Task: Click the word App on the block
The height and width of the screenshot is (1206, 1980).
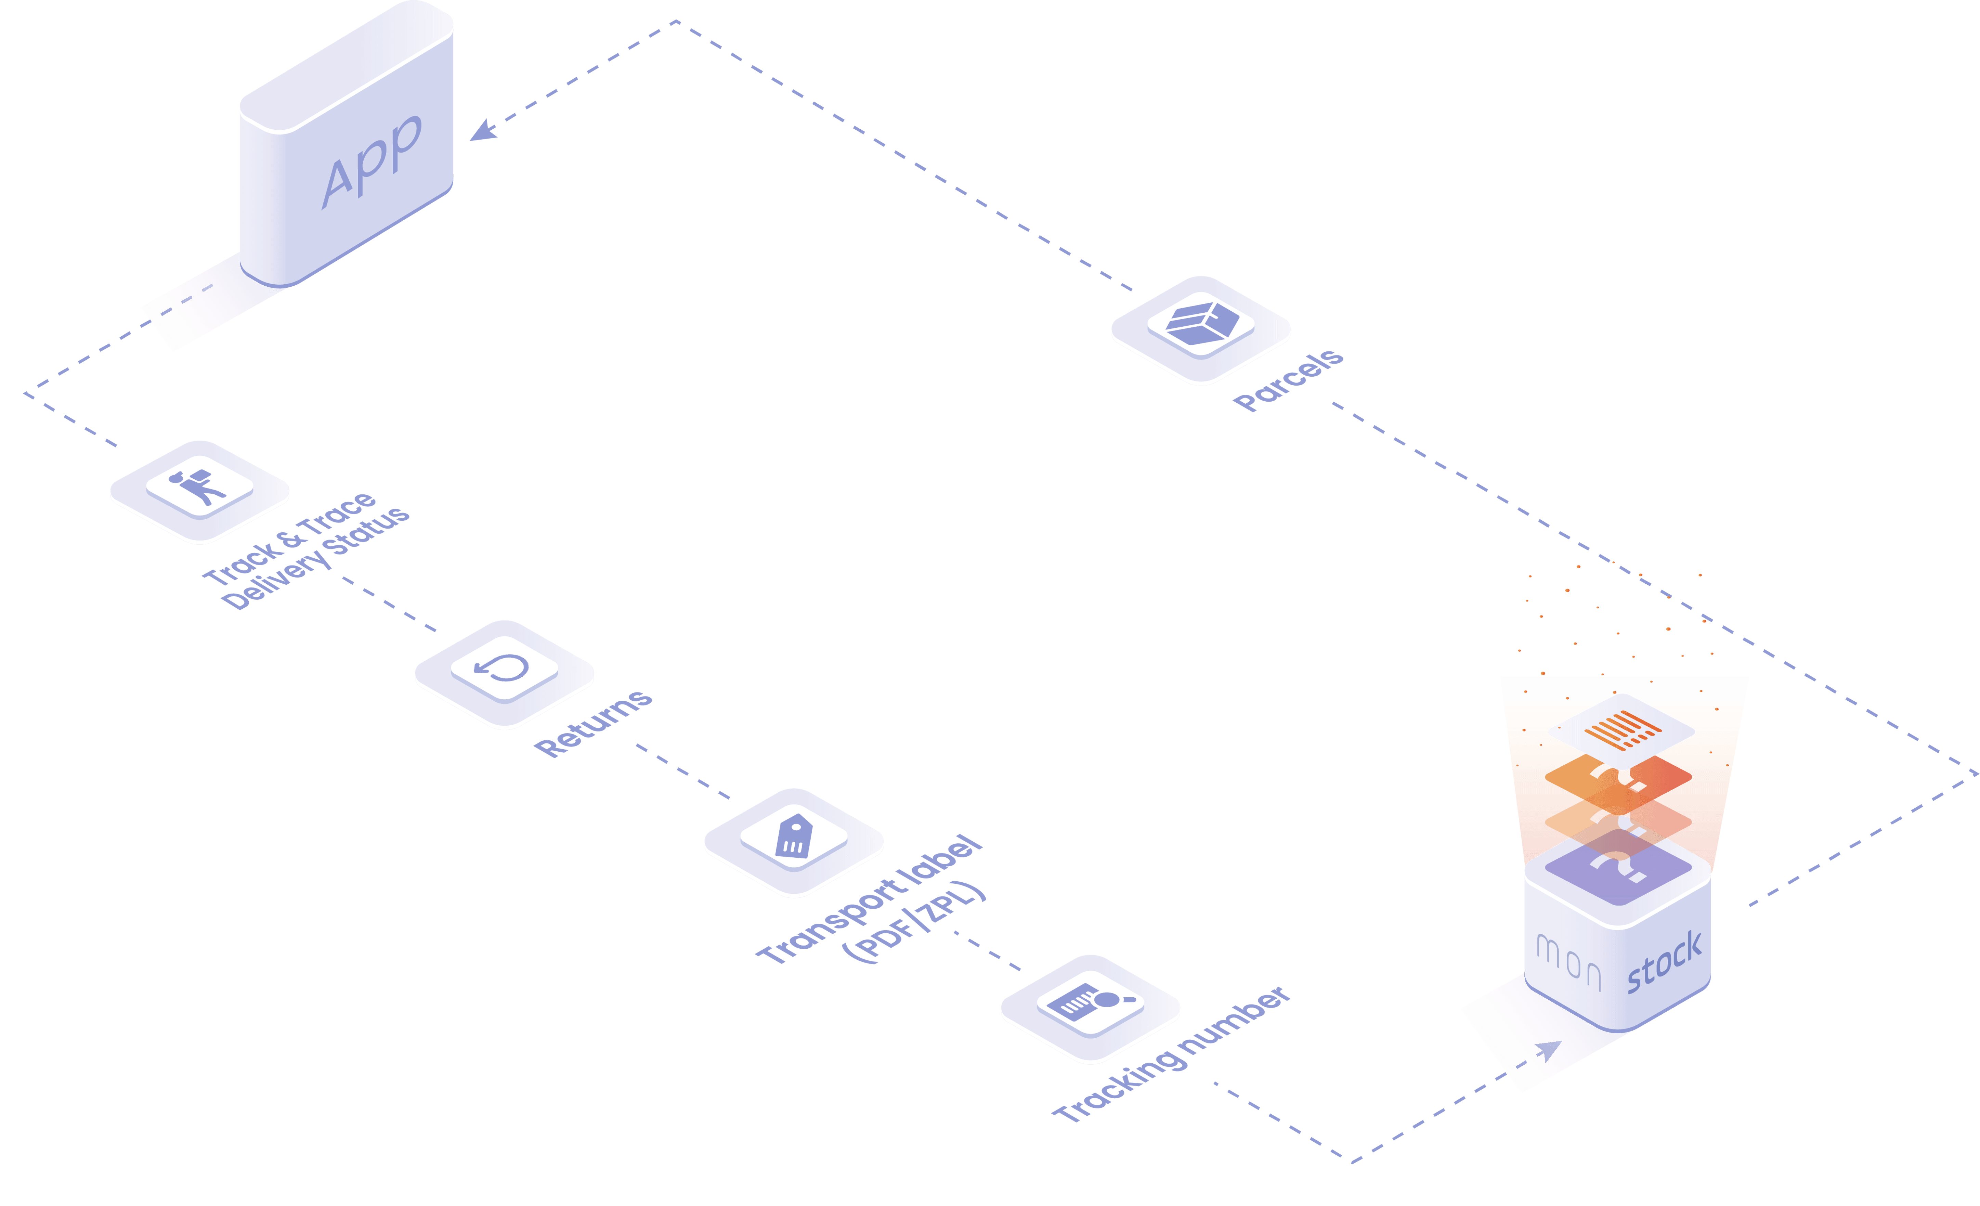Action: tap(371, 161)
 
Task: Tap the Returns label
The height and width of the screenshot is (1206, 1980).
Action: tap(593, 723)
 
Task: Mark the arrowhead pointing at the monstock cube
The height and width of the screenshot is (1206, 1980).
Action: tap(1549, 1050)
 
